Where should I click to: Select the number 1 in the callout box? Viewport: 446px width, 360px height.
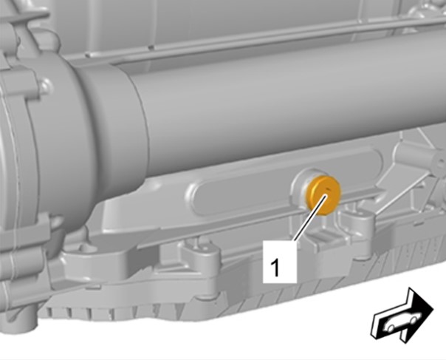[275, 267]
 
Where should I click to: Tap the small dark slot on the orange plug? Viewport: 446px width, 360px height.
[329, 189]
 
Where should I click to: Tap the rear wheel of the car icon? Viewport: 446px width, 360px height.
[391, 327]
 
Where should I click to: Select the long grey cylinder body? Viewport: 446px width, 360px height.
[284, 108]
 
